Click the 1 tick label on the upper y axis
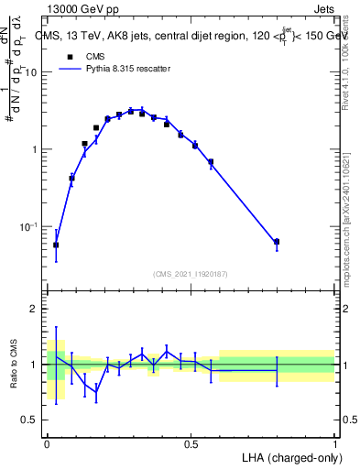coord(37,149)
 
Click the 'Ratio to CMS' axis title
coord(14,365)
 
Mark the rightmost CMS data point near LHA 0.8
coord(277,242)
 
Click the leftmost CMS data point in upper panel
coord(56,245)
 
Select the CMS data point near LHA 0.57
coord(211,162)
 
